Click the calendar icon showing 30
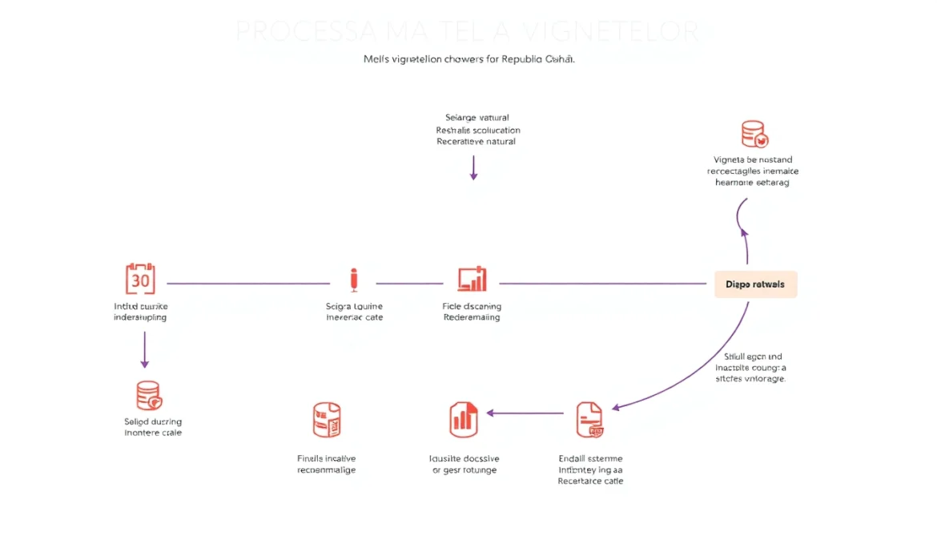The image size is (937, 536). click(x=140, y=279)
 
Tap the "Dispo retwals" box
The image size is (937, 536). click(x=755, y=284)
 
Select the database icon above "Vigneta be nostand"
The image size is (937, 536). click(x=754, y=134)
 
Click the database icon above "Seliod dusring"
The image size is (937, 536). click(x=149, y=395)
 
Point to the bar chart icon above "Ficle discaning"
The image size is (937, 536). click(x=473, y=279)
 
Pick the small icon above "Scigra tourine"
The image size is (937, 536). click(x=354, y=280)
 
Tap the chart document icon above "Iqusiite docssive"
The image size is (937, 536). click(x=464, y=420)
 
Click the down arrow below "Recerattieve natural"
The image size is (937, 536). click(x=473, y=167)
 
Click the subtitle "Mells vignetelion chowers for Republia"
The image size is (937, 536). click(x=468, y=59)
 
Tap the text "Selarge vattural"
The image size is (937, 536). click(x=477, y=118)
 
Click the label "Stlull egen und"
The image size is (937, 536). click(x=753, y=357)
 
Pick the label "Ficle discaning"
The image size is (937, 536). click(x=473, y=306)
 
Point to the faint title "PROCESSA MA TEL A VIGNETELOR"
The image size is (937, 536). click(x=468, y=31)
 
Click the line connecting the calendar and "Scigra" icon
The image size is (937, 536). click(x=247, y=284)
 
